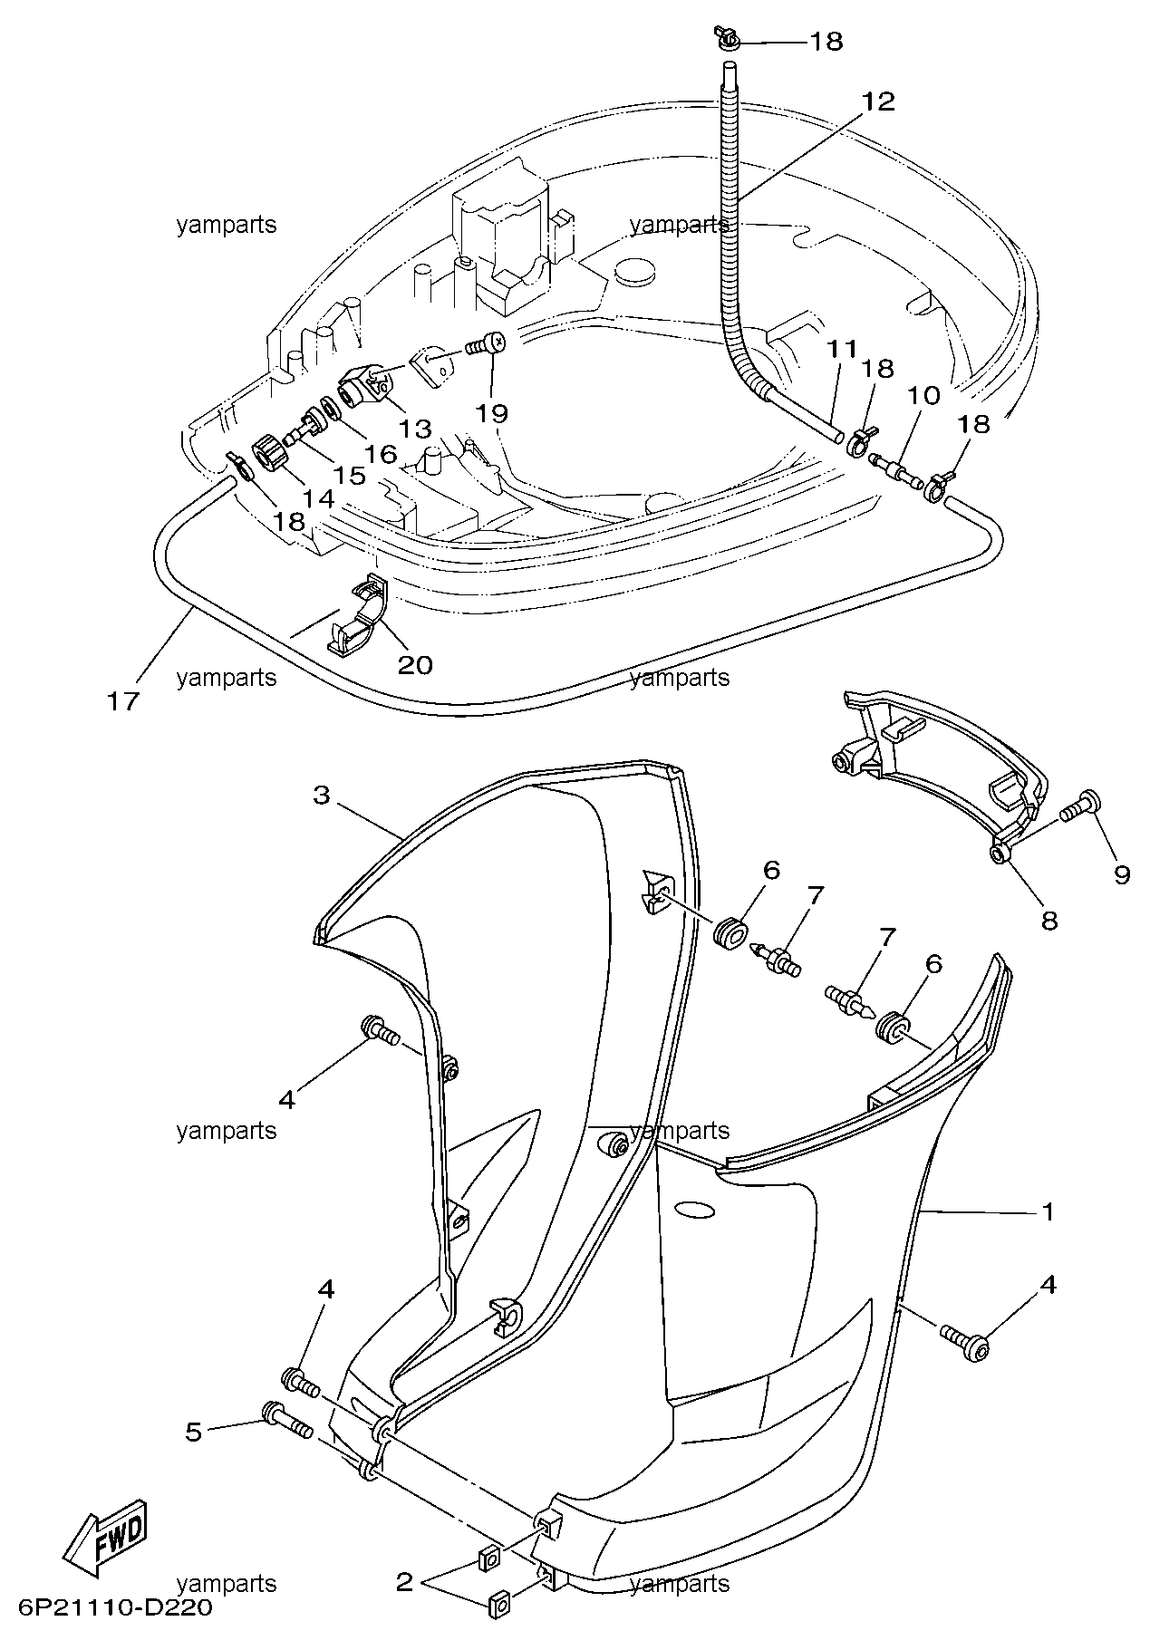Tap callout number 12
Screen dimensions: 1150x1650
[x=878, y=101]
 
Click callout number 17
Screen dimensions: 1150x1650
[x=124, y=700]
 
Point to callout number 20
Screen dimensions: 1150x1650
[x=415, y=664]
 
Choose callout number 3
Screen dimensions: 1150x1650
[x=322, y=796]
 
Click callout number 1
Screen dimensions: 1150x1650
[x=1048, y=1211]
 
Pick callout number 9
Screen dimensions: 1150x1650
[x=1122, y=874]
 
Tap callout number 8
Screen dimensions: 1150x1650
[x=1049, y=921]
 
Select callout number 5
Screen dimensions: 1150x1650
[x=194, y=1432]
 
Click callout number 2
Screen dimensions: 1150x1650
[x=404, y=1583]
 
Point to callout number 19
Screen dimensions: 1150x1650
[x=493, y=413]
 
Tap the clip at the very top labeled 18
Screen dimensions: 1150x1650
[x=726, y=38]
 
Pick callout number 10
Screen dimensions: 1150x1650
[x=924, y=394]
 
